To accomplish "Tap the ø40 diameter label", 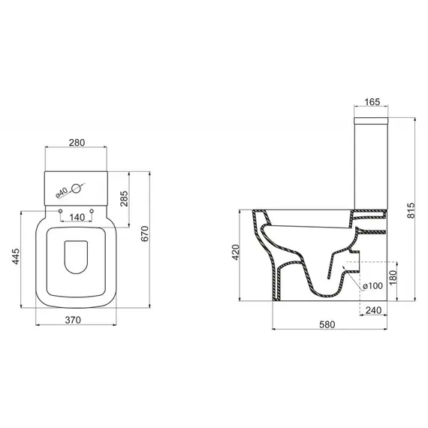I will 63,191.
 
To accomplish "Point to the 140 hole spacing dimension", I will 76,217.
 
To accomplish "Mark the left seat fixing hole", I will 59,211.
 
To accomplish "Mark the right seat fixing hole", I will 92,211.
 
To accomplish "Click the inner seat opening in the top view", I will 76,255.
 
